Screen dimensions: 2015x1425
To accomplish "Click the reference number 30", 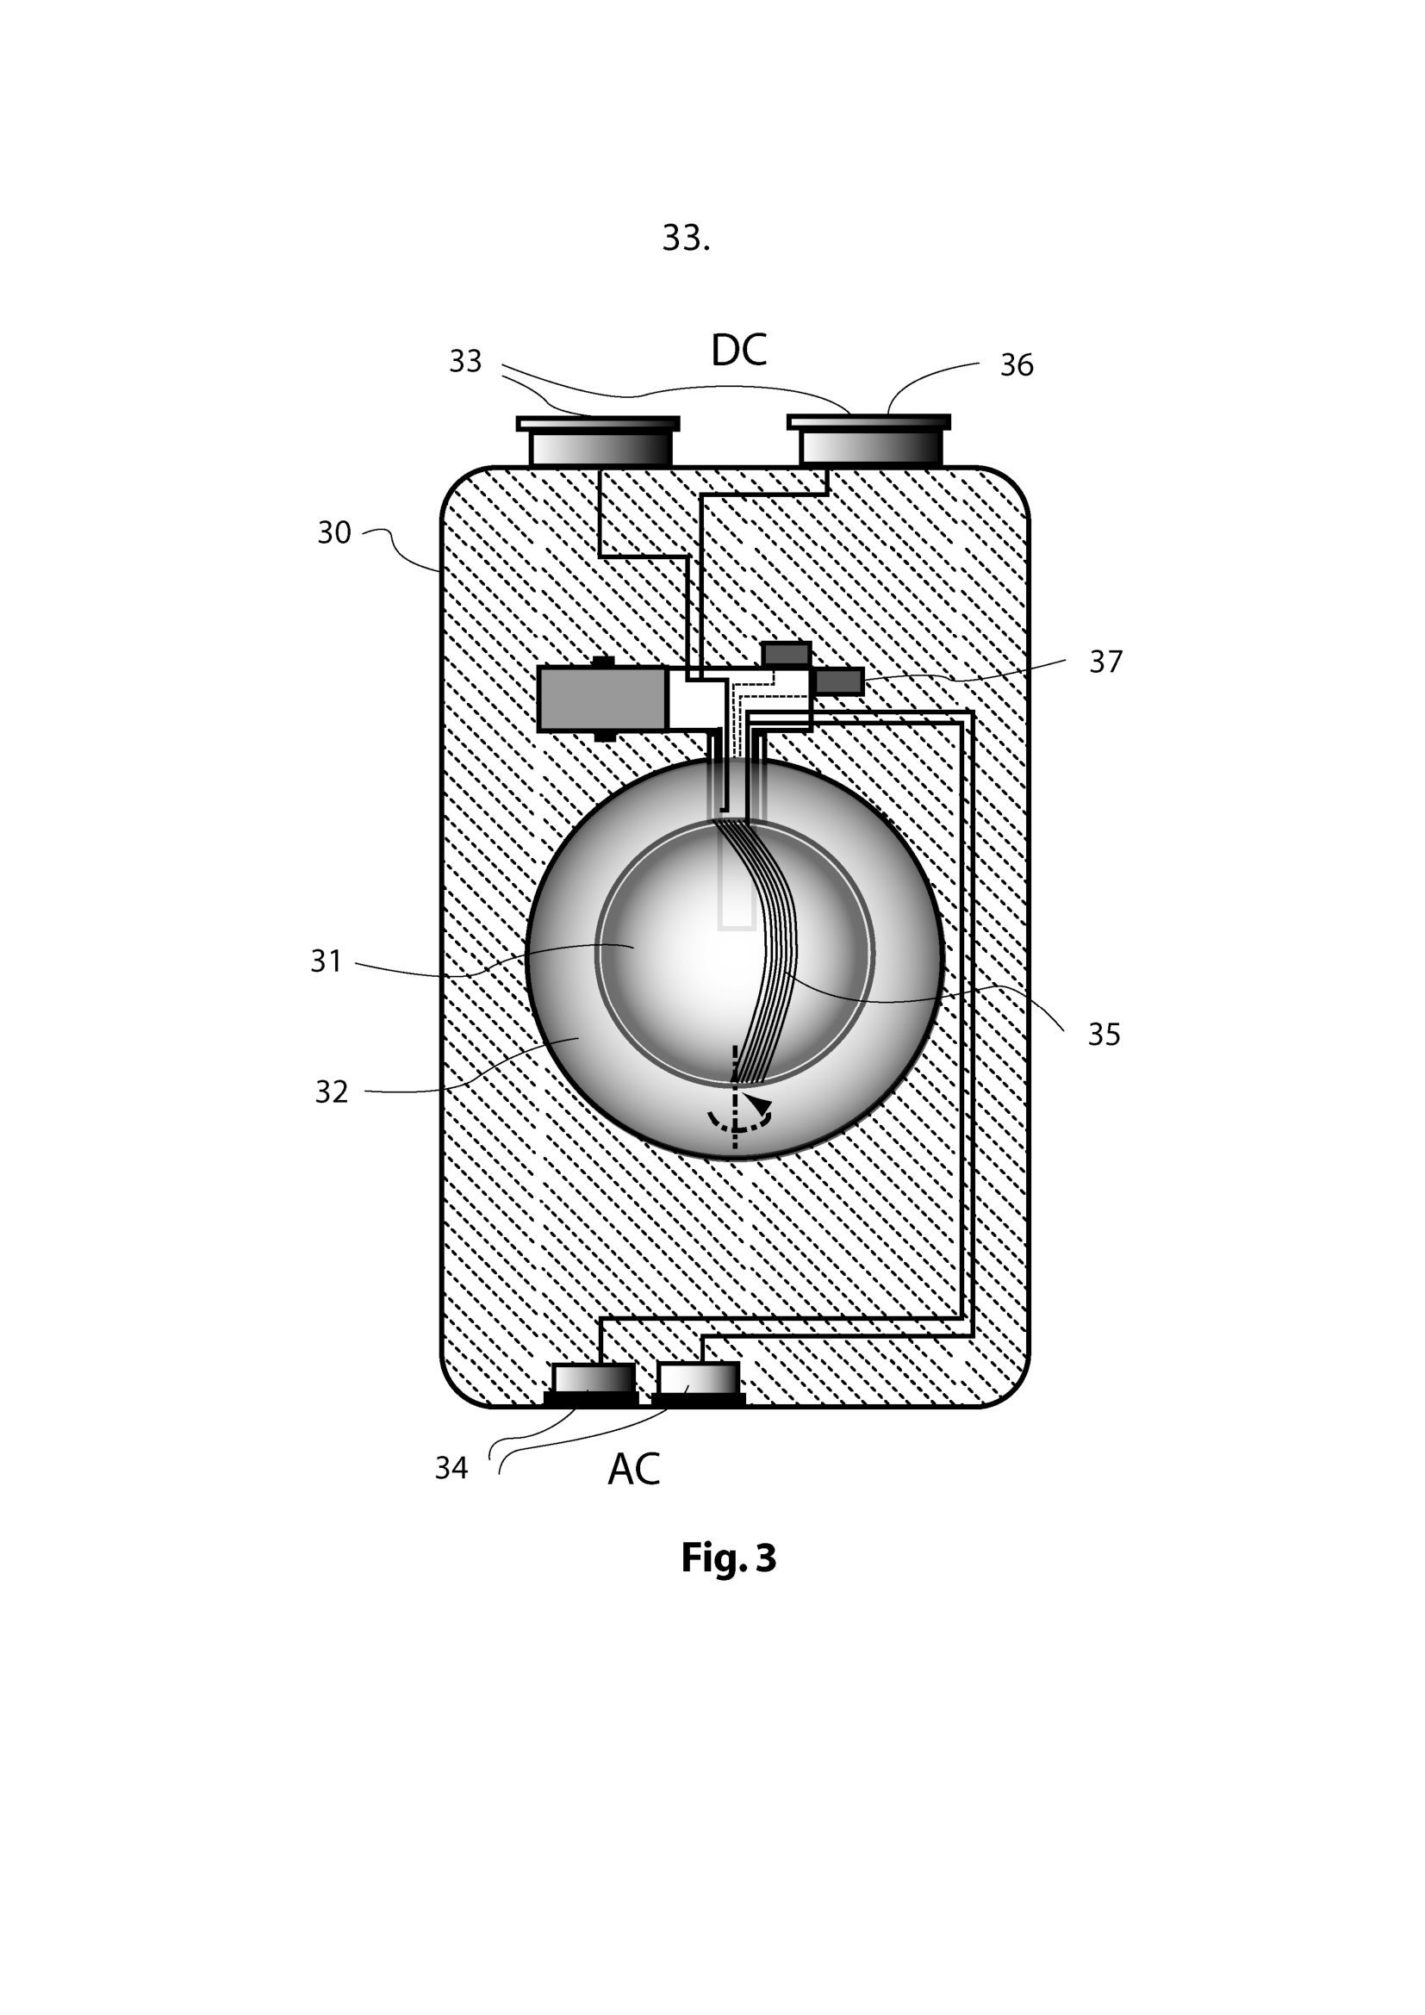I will pyautogui.click(x=333, y=532).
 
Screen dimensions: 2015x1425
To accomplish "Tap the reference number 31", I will pyautogui.click(x=326, y=961).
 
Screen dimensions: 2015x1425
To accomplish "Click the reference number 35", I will pyautogui.click(x=1104, y=1035).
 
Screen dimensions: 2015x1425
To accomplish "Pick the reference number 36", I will pyautogui.click(x=1016, y=364).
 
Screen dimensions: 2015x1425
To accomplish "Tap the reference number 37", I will pyautogui.click(x=1105, y=662).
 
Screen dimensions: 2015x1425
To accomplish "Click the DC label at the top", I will pyautogui.click(x=738, y=350).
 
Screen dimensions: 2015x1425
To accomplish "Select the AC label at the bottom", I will pyautogui.click(x=632, y=1469).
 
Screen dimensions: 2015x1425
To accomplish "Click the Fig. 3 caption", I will pyautogui.click(x=728, y=1582).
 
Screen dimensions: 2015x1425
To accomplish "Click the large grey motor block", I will pyautogui.click(x=601, y=700).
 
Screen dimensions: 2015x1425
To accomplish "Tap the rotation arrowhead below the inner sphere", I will pyautogui.click(x=758, y=1104).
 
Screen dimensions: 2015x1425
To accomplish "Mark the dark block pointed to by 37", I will pyautogui.click(x=839, y=681).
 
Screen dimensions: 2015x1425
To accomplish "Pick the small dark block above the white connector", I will pyautogui.click(x=786, y=654).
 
